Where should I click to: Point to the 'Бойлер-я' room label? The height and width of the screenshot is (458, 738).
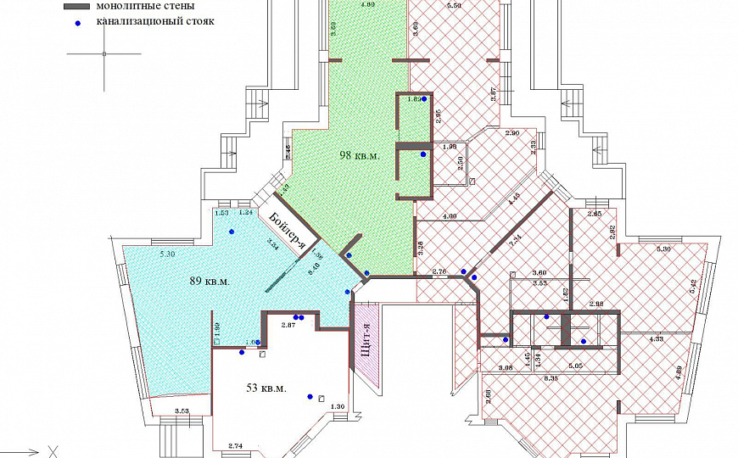(286, 230)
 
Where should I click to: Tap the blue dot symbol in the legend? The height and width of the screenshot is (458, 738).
(77, 22)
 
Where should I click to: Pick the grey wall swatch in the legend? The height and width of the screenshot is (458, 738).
(77, 6)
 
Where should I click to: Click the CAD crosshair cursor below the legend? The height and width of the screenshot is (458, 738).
(104, 54)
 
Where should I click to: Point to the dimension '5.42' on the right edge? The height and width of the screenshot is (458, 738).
(694, 288)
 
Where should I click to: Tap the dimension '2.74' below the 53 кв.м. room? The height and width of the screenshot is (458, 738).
(236, 445)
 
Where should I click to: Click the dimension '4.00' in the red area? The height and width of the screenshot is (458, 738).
(450, 216)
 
